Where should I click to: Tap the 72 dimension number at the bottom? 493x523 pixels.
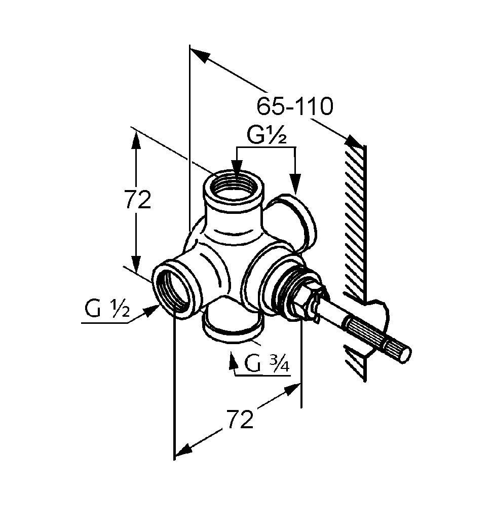239,420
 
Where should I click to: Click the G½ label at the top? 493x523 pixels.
267,136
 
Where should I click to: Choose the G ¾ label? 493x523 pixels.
267,363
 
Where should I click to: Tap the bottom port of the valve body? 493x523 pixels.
232,325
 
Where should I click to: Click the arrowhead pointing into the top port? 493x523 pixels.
236,169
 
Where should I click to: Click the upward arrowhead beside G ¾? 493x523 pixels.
234,360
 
